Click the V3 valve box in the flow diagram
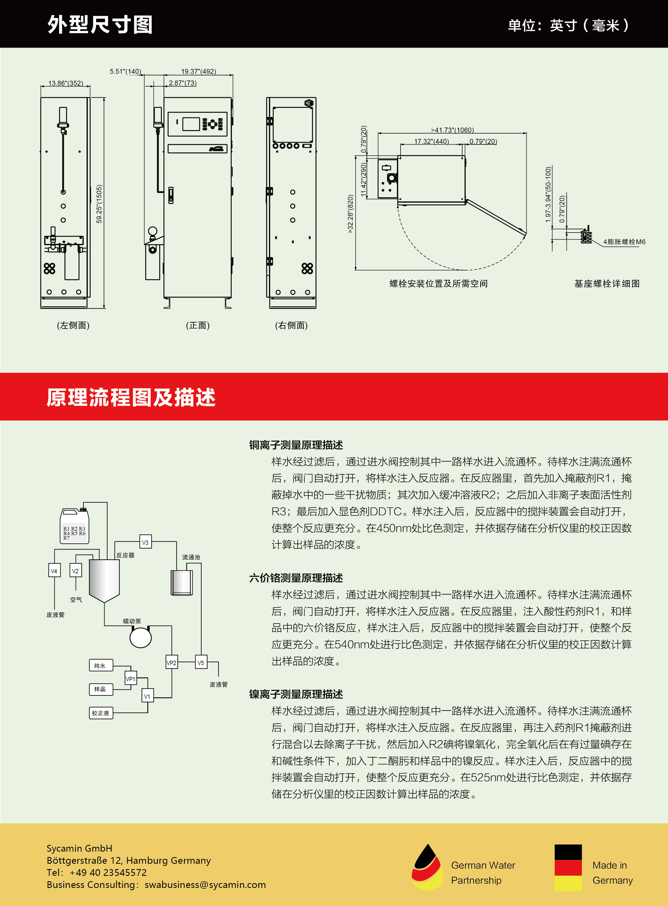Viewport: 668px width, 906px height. click(x=145, y=542)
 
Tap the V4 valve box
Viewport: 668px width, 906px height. click(x=54, y=571)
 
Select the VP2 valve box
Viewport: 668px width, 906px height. click(x=172, y=662)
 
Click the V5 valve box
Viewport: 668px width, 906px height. click(x=201, y=662)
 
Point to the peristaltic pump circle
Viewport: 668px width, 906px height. click(x=140, y=637)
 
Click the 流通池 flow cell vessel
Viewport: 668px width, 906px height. click(x=182, y=582)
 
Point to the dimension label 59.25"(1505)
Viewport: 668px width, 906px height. click(x=99, y=204)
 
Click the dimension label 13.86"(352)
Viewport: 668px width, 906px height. click(x=65, y=83)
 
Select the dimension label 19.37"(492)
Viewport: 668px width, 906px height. click(x=199, y=72)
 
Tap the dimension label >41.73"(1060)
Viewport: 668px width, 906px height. click(x=452, y=130)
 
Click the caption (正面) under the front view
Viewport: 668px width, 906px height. click(x=198, y=325)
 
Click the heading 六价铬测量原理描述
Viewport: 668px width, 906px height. click(x=296, y=578)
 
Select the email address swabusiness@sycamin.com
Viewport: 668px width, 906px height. click(x=205, y=884)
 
